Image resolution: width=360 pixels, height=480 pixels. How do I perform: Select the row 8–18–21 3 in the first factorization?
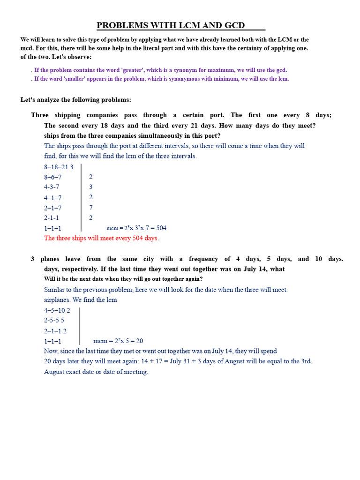tap(59, 167)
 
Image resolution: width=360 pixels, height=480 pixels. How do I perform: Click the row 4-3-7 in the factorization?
tap(52, 187)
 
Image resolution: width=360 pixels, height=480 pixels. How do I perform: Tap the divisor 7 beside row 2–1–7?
tap(91, 208)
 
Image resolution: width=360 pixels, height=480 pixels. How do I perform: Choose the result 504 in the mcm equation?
tap(160, 228)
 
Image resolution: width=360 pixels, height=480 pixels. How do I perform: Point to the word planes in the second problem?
tap(50, 259)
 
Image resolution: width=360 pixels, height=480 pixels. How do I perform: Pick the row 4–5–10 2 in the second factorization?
tap(57, 310)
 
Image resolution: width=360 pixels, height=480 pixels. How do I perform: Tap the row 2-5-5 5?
tap(54, 321)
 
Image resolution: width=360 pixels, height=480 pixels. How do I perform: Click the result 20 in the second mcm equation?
tap(139, 341)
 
